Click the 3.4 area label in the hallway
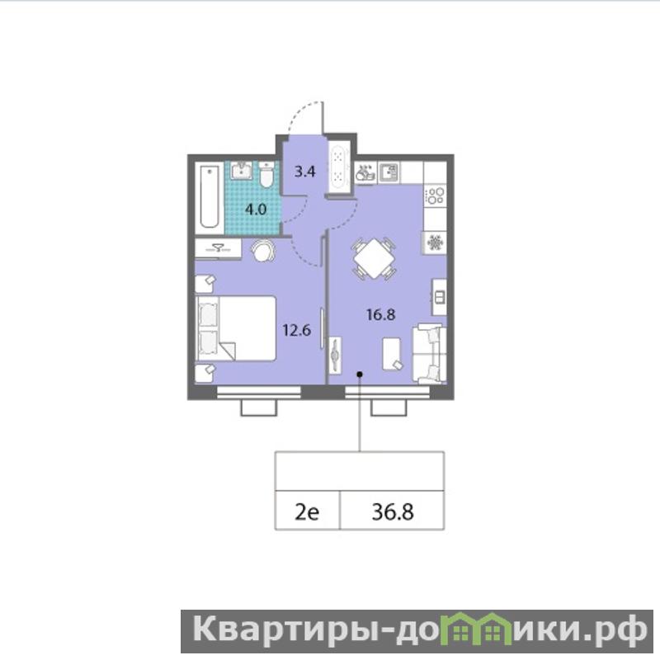(304, 172)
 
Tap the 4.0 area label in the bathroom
(256, 210)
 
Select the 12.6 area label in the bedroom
(297, 331)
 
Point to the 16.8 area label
(381, 314)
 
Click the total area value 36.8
(393, 511)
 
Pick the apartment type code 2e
(307, 512)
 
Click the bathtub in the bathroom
(210, 196)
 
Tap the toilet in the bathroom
(266, 175)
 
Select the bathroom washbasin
(242, 171)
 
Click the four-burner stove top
(436, 196)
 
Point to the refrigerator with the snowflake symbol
(436, 243)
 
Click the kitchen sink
(389, 172)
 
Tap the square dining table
(374, 258)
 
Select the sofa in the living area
(429, 354)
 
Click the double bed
(236, 328)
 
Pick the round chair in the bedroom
(263, 251)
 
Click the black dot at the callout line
(360, 374)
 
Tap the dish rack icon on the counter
(365, 172)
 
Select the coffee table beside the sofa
(392, 354)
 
